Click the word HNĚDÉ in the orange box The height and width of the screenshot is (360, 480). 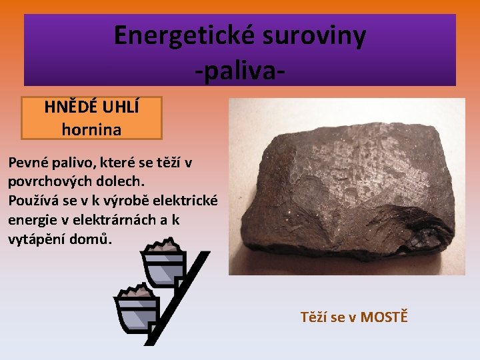[69, 107]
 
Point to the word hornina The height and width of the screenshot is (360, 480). [91, 129]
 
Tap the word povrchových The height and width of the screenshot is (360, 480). [53, 181]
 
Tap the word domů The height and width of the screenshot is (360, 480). [95, 239]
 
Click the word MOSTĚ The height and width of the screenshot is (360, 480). [383, 317]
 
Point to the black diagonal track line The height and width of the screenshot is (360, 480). [177, 300]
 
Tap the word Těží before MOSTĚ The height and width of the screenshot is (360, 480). [315, 317]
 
